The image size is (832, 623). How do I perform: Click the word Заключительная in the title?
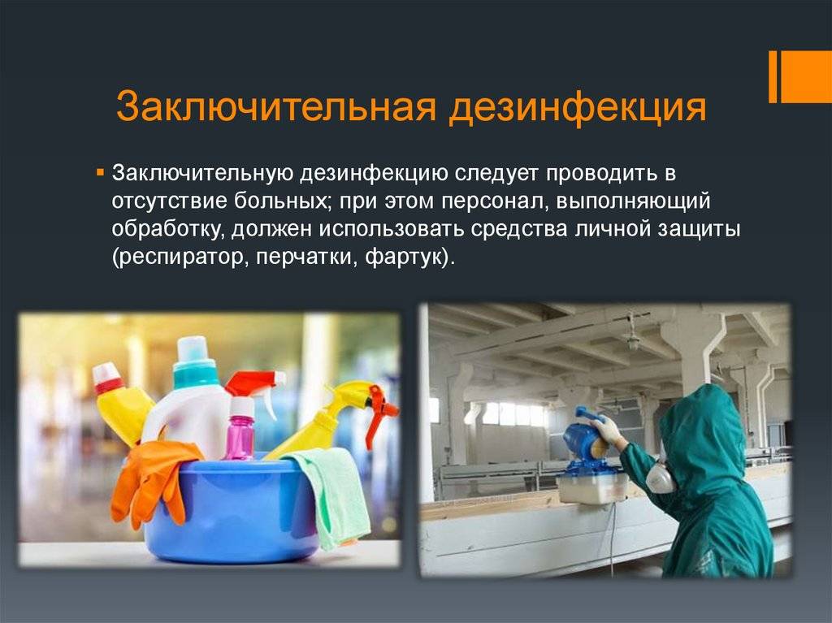click(276, 108)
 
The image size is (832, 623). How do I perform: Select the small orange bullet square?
click(100, 173)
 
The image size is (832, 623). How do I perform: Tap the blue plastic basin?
click(233, 509)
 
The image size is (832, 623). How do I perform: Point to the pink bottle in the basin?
click(240, 429)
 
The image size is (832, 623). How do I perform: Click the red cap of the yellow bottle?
click(108, 378)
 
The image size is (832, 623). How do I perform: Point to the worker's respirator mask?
click(660, 475)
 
